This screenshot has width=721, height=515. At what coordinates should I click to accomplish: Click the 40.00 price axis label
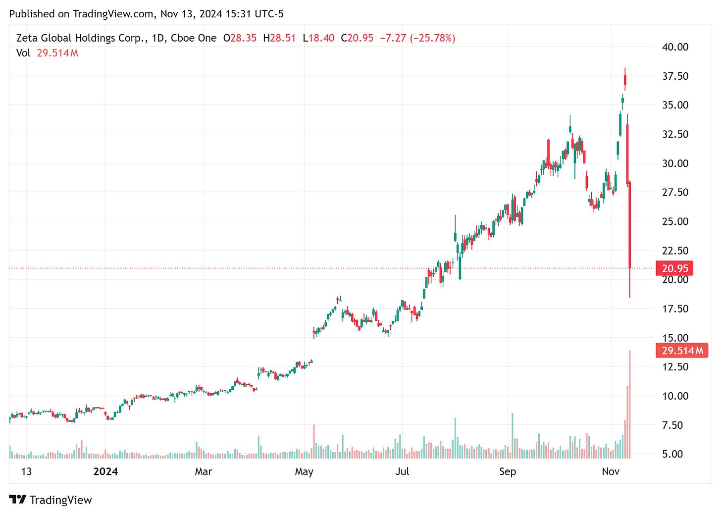coord(675,47)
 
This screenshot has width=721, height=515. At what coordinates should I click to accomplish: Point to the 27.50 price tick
coord(675,192)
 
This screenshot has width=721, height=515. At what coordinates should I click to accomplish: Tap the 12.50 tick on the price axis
coord(675,367)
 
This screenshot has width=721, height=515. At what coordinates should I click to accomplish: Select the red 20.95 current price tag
coord(674,268)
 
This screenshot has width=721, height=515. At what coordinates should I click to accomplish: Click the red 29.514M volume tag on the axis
coord(682,351)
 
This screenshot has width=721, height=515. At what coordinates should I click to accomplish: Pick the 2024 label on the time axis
coord(105,471)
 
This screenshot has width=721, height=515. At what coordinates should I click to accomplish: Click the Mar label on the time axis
coord(204,471)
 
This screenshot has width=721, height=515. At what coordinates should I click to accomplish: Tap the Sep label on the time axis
coord(508,471)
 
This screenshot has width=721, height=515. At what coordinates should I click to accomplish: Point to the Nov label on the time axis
coord(611,471)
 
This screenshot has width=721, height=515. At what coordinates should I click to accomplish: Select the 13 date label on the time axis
coord(26,471)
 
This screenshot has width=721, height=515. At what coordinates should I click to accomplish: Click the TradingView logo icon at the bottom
coord(18,500)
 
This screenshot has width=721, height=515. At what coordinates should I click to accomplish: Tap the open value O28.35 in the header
coord(240,38)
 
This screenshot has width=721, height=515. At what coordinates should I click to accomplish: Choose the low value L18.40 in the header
coord(318,38)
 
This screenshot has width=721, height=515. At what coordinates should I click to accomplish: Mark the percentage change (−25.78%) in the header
coord(432,38)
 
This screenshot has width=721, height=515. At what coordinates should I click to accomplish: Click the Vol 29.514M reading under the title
coord(48,53)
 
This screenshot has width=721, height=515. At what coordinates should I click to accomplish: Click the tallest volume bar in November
coord(630,404)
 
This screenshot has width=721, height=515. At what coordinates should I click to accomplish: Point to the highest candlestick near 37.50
coord(625,79)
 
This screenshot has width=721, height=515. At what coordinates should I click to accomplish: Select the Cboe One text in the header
coord(194,38)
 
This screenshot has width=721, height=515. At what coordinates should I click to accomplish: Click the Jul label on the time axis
coord(402,471)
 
